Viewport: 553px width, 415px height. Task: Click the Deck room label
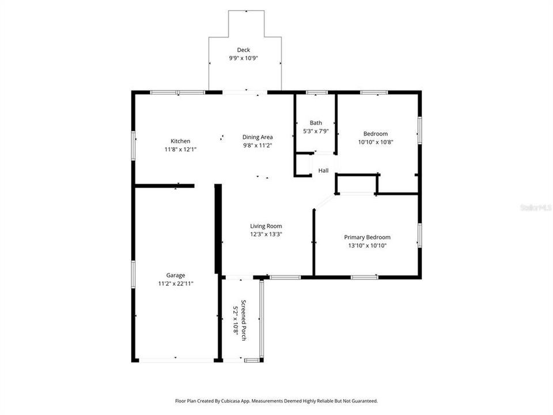tap(243, 50)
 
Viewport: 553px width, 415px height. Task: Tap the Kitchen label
tap(180, 141)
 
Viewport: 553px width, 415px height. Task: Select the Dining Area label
tap(257, 137)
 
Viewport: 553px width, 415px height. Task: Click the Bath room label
tap(316, 123)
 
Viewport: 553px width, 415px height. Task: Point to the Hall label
tap(323, 171)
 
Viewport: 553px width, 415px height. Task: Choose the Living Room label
tap(266, 226)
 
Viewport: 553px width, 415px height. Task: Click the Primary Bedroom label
tap(367, 237)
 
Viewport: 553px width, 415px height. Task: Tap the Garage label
tap(176, 276)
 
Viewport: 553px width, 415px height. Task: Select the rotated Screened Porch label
tap(243, 320)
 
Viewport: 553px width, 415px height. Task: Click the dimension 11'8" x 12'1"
tap(180, 149)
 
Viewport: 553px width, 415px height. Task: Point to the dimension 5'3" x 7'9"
tap(316, 131)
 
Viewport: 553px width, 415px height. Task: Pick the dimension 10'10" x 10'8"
tap(376, 142)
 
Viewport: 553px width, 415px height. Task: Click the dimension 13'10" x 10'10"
tap(367, 246)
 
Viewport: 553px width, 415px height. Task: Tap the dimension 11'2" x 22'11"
tap(176, 284)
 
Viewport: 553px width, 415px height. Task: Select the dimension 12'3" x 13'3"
tap(266, 235)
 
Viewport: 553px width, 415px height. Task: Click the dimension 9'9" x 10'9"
tap(243, 58)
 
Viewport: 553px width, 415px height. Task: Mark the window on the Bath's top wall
tap(317, 92)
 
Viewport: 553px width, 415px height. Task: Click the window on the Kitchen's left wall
tap(133, 145)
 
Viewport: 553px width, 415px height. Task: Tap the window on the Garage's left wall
tap(133, 274)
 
